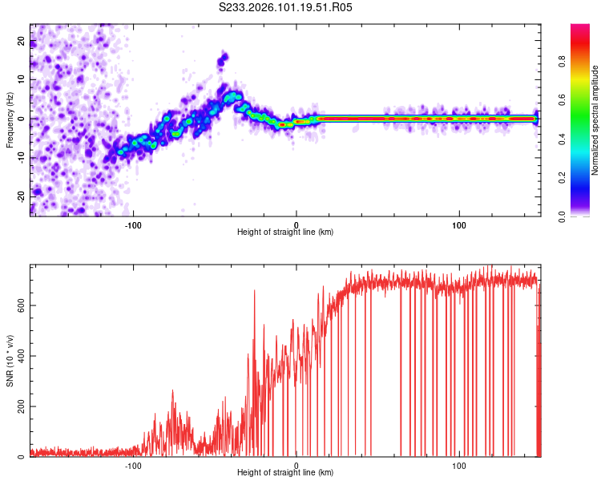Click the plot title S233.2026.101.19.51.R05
pyautogui.click(x=286, y=7)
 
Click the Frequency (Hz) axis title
pyautogui.click(x=9, y=119)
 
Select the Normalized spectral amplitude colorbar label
pyautogui.click(x=595, y=120)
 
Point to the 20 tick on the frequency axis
pyautogui.click(x=22, y=41)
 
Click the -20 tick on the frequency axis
pyautogui.click(x=20, y=196)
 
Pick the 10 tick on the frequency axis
pyautogui.click(x=22, y=79)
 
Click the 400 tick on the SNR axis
pyautogui.click(x=18, y=356)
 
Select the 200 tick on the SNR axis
pyautogui.click(x=18, y=406)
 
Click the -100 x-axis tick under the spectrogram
pyautogui.click(x=133, y=224)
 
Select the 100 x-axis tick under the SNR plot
pyautogui.click(x=459, y=465)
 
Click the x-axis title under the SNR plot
pyautogui.click(x=286, y=474)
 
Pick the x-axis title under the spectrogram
pyautogui.click(x=286, y=232)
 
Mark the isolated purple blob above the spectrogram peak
pyautogui.click(x=223, y=59)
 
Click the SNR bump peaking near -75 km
pyautogui.click(x=172, y=393)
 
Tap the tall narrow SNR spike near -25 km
pyautogui.click(x=255, y=293)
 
